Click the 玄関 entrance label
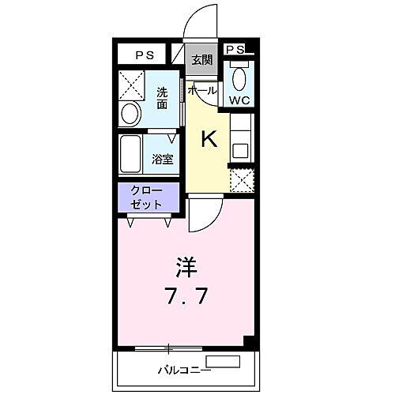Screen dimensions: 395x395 tap(202, 59)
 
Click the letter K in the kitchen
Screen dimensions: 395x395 tap(209, 140)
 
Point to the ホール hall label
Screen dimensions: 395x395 tap(202, 90)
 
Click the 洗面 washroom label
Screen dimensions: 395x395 tap(162, 97)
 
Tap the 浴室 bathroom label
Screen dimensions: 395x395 tap(163, 158)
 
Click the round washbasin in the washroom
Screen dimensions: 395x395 tap(130, 111)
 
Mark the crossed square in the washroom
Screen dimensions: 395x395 tap(130, 84)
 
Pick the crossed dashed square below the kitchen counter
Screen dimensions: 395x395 tap(242, 180)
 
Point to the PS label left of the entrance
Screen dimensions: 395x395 tap(144, 55)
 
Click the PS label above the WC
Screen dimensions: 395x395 tap(235, 50)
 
